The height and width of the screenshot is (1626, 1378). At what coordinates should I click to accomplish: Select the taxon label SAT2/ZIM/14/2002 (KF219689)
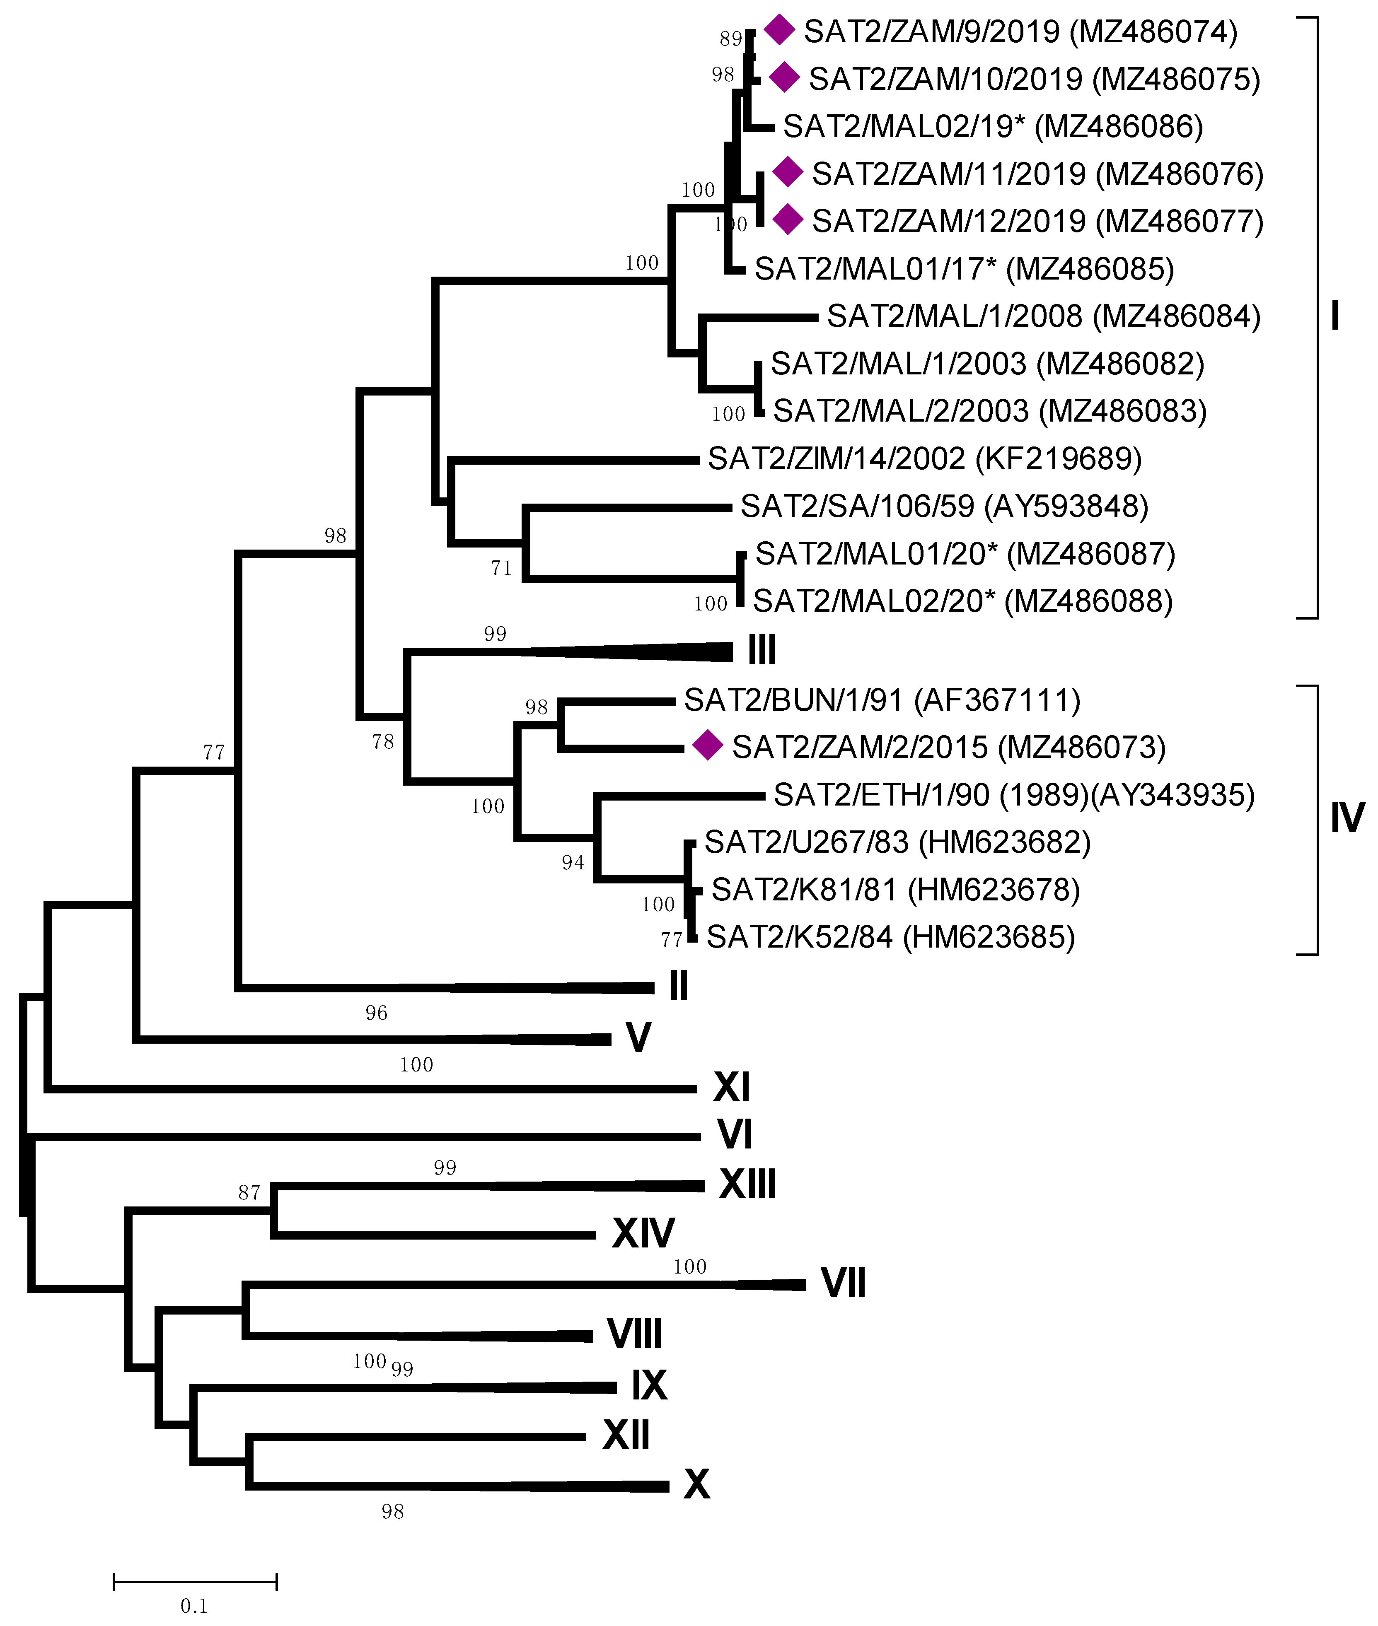[x=924, y=458]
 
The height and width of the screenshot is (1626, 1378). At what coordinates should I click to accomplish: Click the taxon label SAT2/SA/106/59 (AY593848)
[x=944, y=506]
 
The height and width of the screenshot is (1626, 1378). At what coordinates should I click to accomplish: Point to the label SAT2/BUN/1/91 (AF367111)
[x=882, y=700]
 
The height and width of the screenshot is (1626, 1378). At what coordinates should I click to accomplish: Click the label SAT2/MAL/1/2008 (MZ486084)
[x=1044, y=316]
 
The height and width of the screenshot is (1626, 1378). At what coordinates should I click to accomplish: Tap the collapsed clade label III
[x=762, y=649]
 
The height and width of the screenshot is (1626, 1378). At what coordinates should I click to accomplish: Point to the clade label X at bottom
[x=696, y=1484]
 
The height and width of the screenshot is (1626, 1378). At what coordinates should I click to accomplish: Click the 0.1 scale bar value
[x=194, y=1606]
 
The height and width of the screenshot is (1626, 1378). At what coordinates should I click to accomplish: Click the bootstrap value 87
[x=249, y=1192]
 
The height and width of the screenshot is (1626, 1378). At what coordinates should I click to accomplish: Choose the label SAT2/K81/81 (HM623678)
[x=895, y=890]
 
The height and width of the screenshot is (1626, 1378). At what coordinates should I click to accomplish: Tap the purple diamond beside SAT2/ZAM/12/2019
[x=788, y=220]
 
